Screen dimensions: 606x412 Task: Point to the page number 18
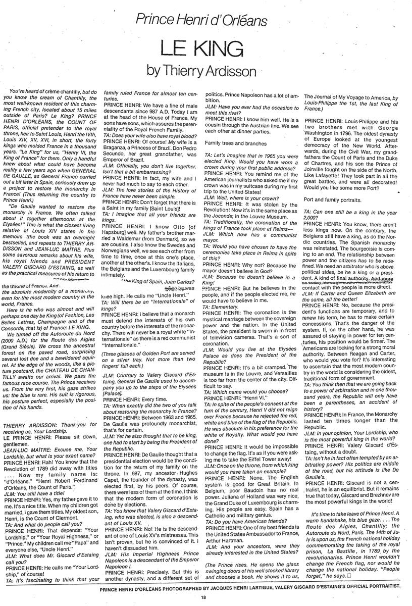pyautogui.click(x=202, y=597)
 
